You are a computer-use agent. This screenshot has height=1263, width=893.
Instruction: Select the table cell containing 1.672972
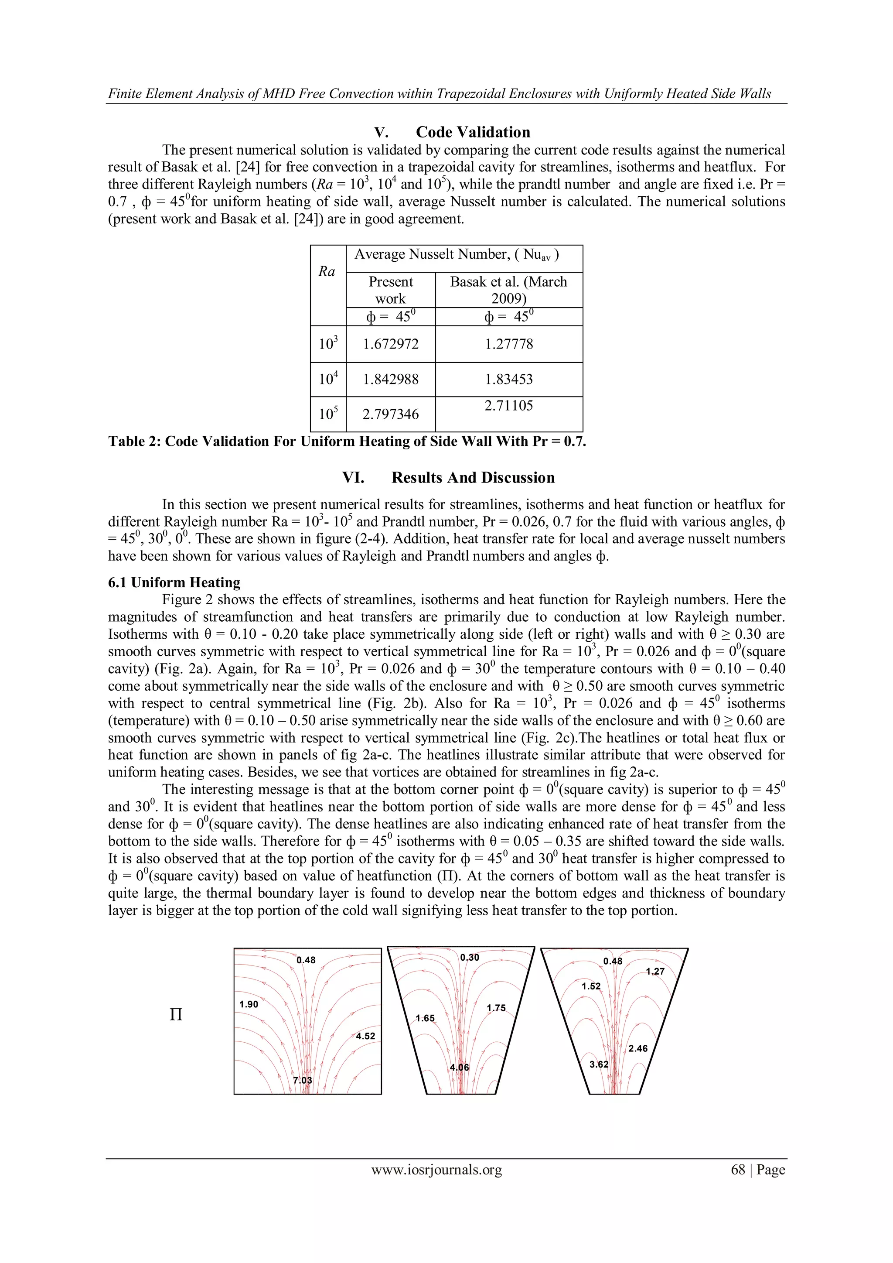click(x=390, y=344)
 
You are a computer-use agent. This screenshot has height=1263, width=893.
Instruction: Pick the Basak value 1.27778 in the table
click(x=509, y=344)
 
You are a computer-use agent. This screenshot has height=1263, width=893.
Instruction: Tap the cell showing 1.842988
click(x=390, y=379)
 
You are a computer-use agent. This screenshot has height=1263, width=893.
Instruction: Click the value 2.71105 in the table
click(x=509, y=406)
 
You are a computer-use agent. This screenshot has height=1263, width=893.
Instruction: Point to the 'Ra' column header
click(x=327, y=271)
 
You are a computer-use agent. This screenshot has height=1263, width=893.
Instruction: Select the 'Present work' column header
click(x=390, y=290)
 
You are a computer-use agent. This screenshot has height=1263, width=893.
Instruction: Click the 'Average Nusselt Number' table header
click(x=457, y=255)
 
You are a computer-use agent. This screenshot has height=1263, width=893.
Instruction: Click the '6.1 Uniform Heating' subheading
click(x=174, y=582)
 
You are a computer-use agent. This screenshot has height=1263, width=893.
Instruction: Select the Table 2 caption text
click(x=346, y=442)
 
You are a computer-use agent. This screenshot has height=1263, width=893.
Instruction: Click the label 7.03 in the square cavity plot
click(x=303, y=1080)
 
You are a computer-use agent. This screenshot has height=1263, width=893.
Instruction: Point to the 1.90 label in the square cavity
click(x=249, y=1004)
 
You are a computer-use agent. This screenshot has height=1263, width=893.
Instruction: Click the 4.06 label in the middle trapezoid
click(x=460, y=1067)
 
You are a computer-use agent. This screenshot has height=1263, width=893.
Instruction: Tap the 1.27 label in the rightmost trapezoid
click(x=655, y=972)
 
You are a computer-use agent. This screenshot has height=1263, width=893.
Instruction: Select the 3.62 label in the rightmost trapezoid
click(x=599, y=1064)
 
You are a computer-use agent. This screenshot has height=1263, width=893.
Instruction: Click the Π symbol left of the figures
click(x=176, y=1015)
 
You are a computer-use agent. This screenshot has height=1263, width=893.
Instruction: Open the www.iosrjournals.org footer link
click(x=436, y=1170)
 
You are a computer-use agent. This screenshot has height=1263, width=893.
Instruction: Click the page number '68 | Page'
click(x=757, y=1170)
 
